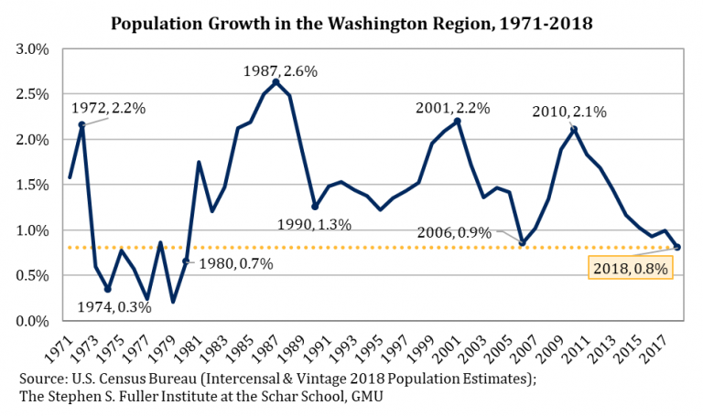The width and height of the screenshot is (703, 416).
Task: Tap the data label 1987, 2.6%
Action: point(276,69)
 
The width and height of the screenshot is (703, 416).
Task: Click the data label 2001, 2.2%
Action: point(453,107)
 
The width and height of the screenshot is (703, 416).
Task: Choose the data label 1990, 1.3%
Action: point(314,223)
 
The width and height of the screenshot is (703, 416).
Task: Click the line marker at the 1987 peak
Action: point(276,82)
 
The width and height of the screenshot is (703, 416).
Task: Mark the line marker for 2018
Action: point(676,247)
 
